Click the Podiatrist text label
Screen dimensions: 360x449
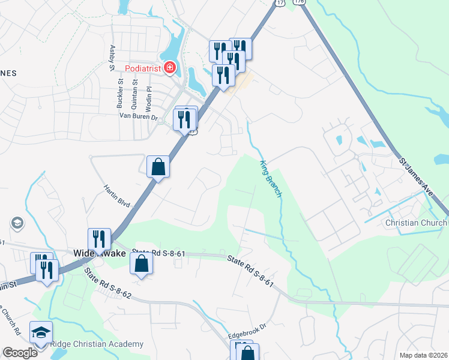point(143,68)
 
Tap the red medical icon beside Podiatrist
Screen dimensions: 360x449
point(170,68)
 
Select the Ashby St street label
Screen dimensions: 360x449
point(112,58)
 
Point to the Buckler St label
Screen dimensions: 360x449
point(120,94)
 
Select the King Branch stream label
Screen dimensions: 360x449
point(271,180)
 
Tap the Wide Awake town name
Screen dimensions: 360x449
point(99,253)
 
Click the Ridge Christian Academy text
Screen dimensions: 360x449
point(96,344)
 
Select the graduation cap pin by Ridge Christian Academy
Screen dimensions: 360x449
point(41,333)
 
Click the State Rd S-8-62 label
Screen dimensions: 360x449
point(108,284)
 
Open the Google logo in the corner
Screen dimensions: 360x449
point(20,353)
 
